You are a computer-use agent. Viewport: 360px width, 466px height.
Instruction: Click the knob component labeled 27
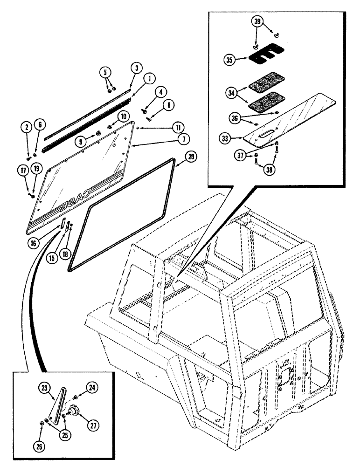point(73,411)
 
